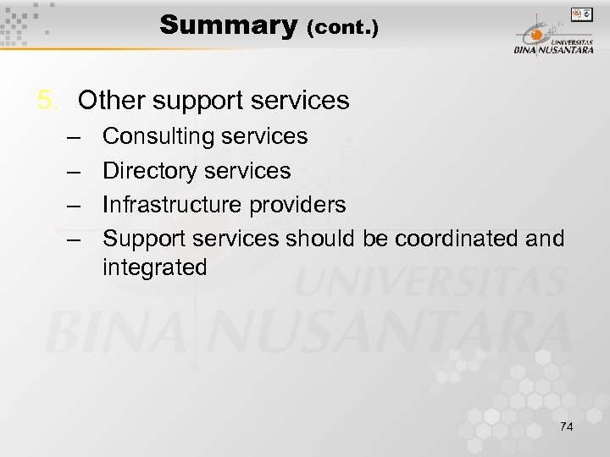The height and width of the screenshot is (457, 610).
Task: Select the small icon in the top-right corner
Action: [x=581, y=14]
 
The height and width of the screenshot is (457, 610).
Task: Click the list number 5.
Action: [x=47, y=101]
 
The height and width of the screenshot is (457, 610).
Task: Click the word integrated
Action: [x=155, y=268]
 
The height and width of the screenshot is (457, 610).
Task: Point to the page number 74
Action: [x=566, y=427]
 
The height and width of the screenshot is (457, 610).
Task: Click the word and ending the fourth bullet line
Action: [x=545, y=240]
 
